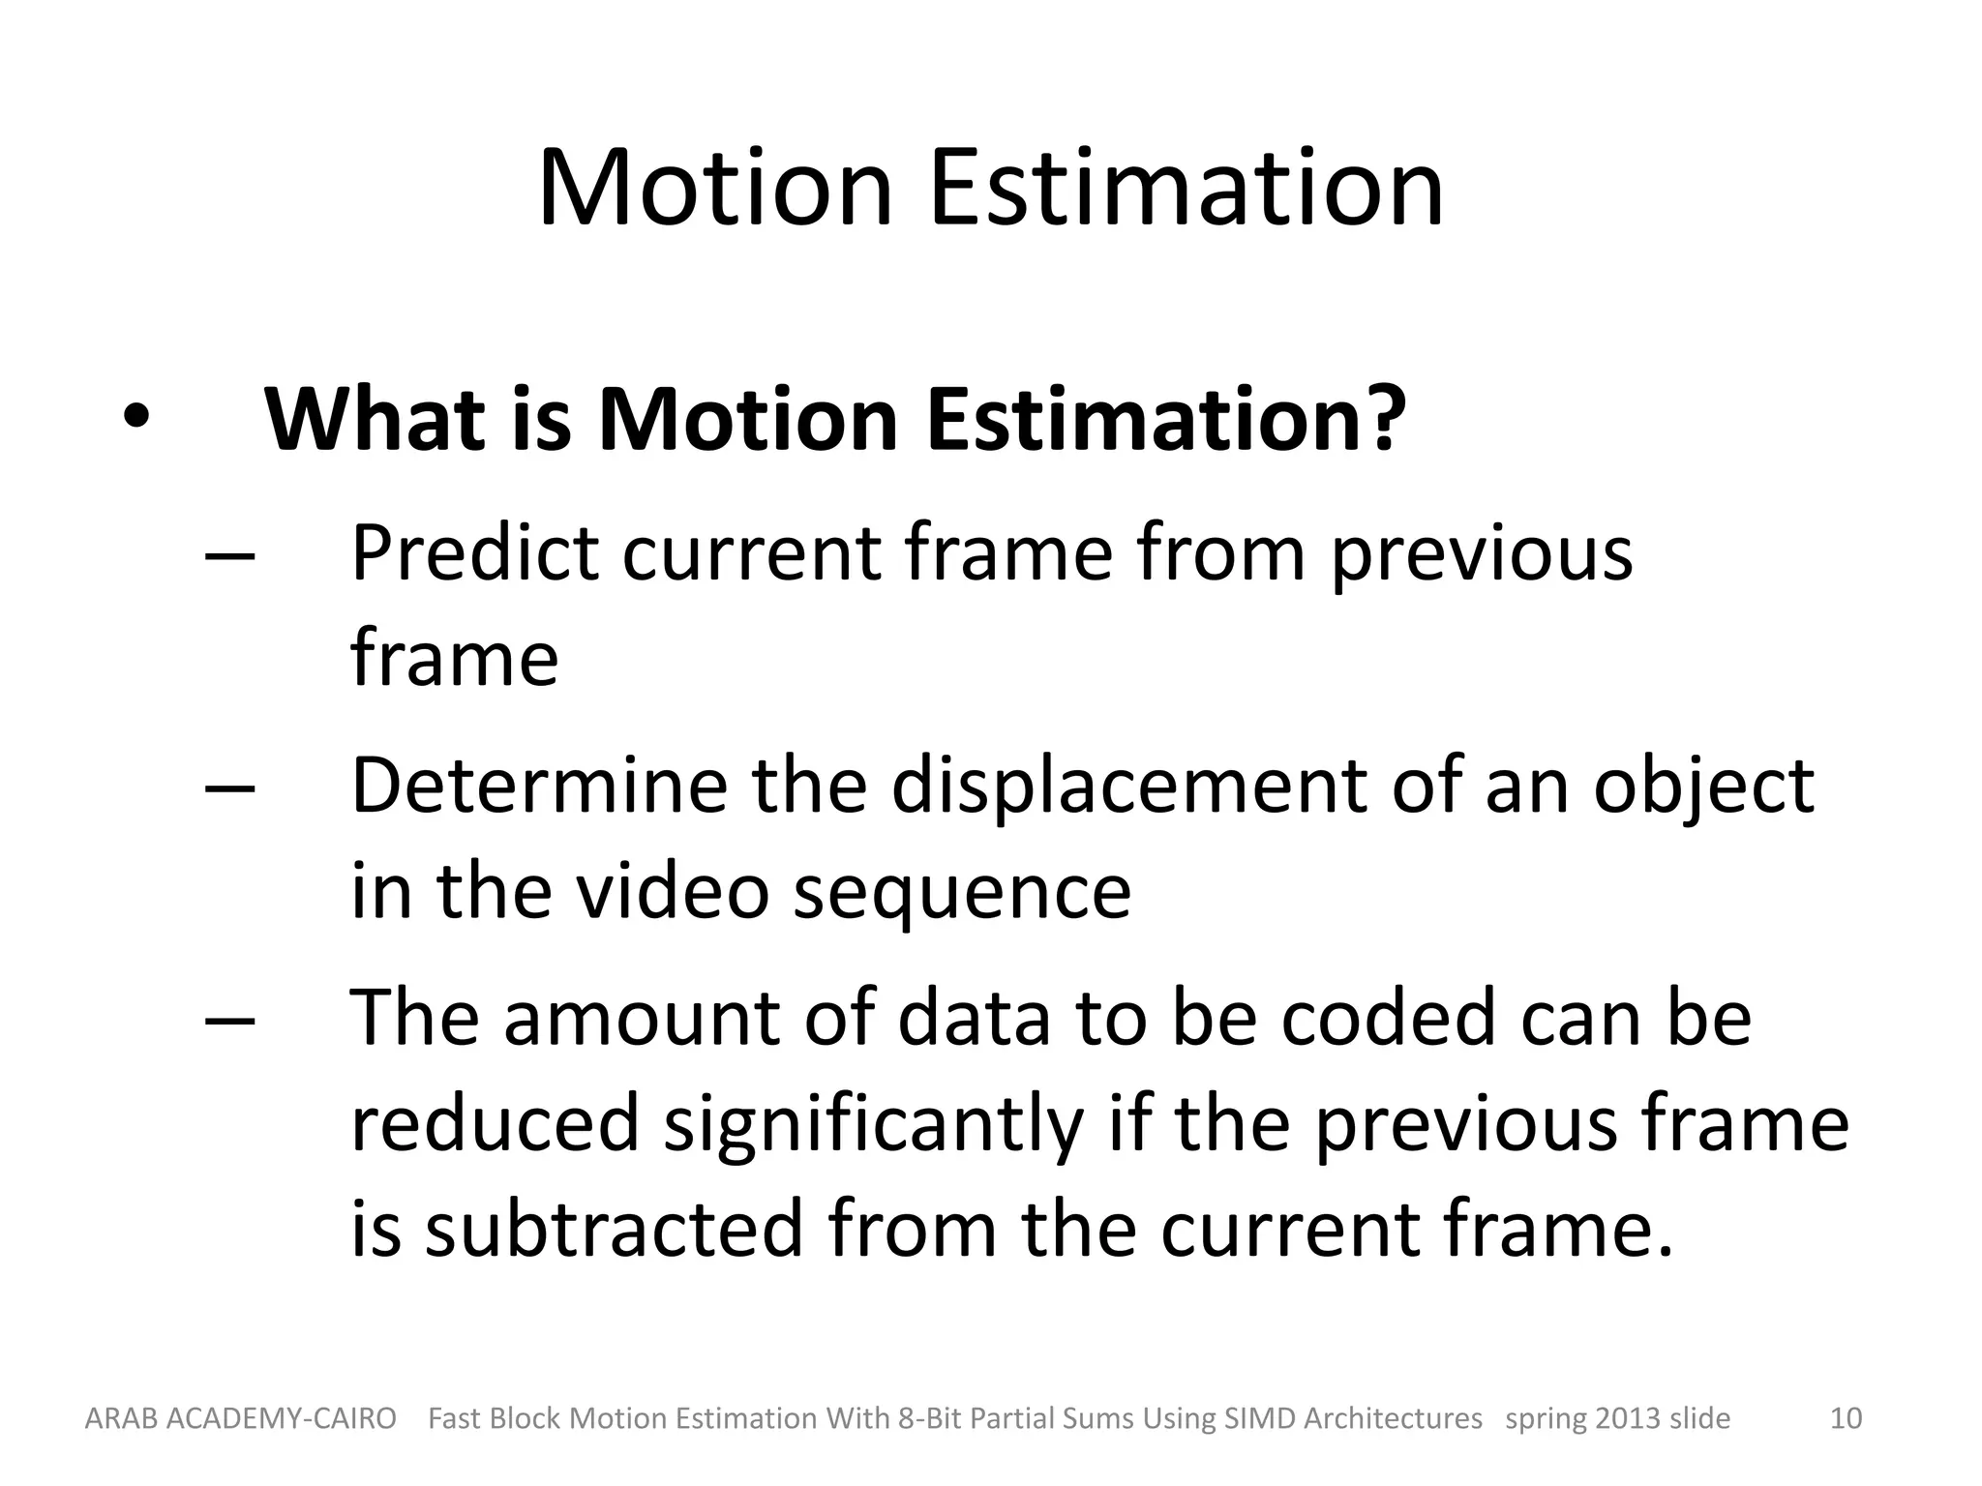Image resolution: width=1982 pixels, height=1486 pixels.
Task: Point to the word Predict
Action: (x=473, y=553)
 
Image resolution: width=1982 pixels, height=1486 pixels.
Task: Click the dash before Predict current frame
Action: (x=230, y=556)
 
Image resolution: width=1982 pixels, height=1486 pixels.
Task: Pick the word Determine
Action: (x=538, y=785)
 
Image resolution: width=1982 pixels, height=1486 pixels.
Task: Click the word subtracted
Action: (x=614, y=1228)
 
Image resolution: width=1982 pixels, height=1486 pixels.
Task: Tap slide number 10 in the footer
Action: (x=1846, y=1418)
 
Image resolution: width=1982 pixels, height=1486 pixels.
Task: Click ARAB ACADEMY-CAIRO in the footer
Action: (x=240, y=1418)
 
